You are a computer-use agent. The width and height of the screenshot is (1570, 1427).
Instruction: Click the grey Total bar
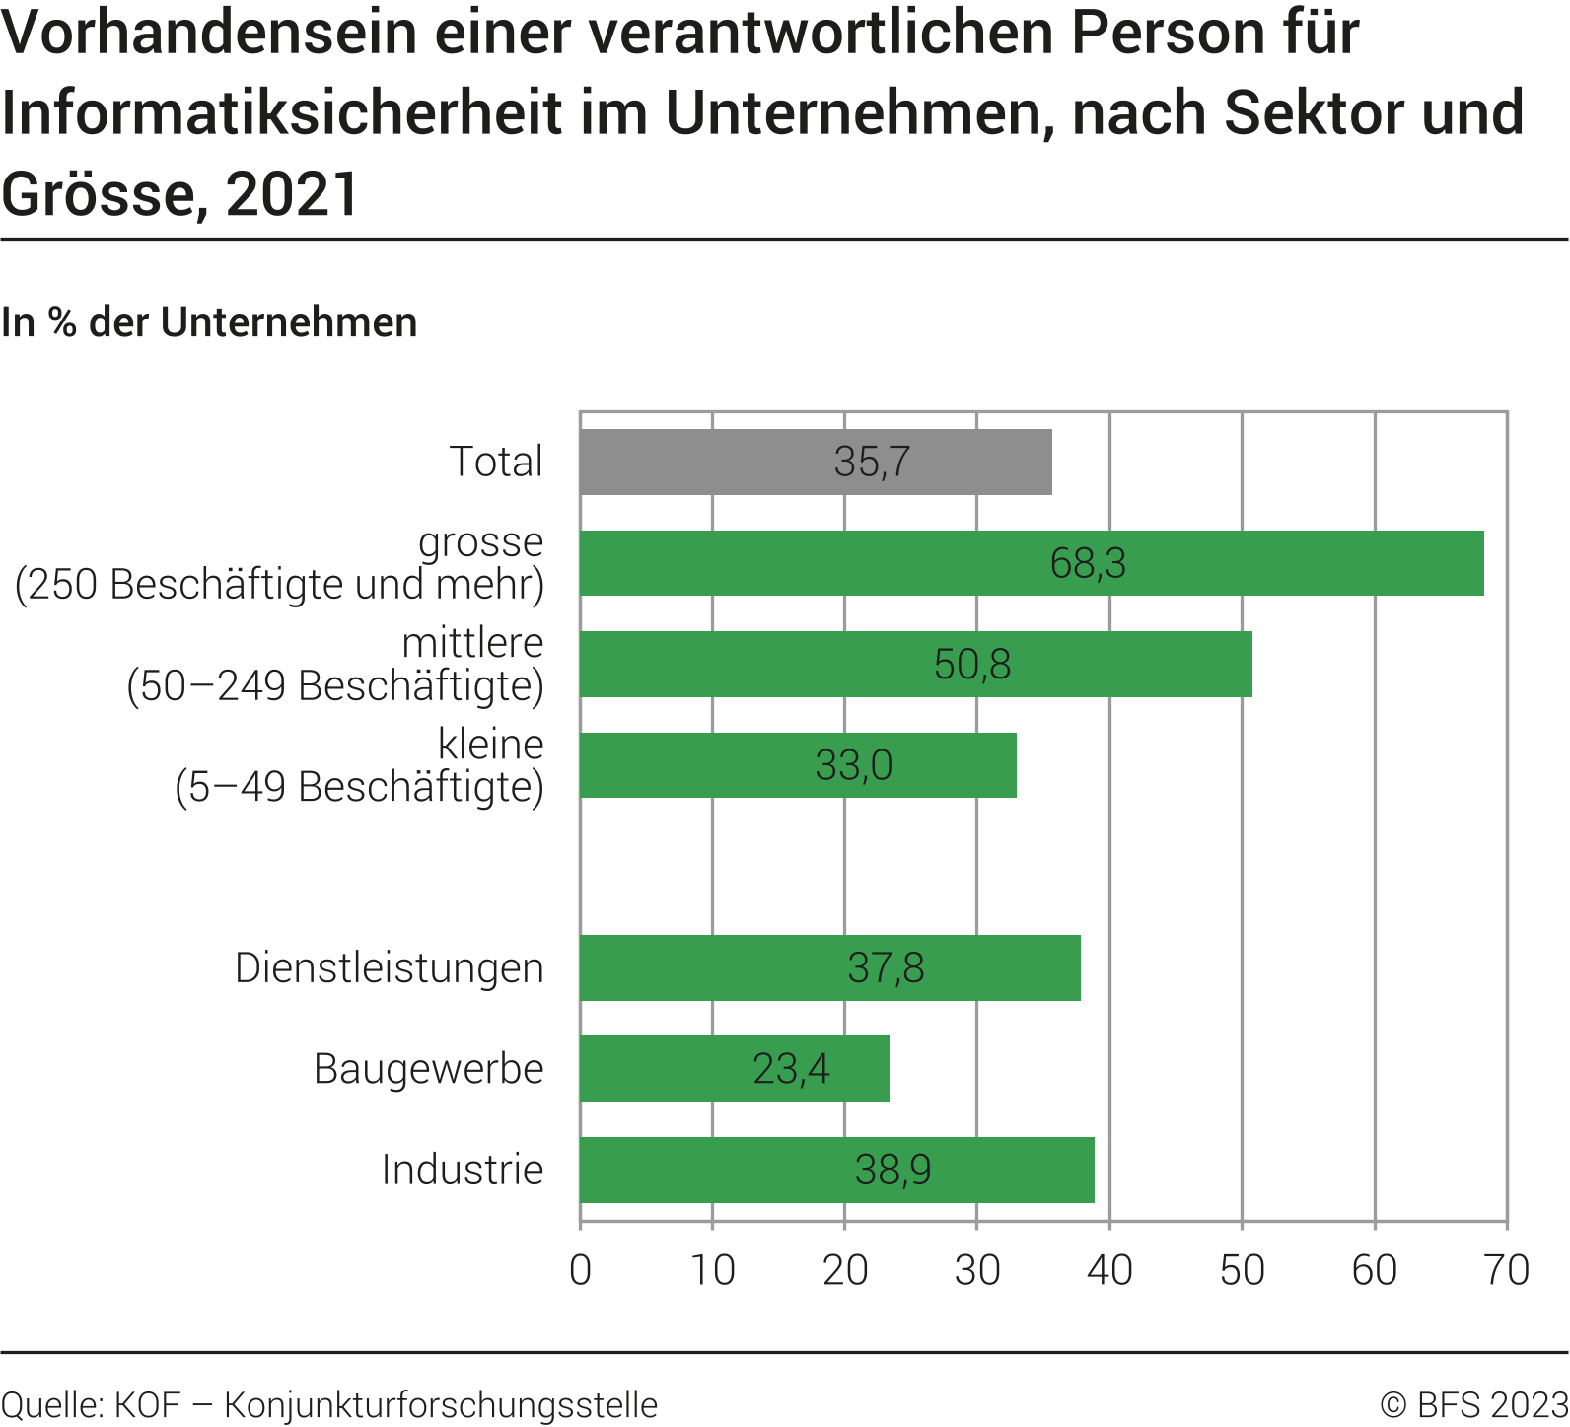(x=816, y=462)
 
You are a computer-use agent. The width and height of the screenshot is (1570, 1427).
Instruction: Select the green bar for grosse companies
(x=1032, y=563)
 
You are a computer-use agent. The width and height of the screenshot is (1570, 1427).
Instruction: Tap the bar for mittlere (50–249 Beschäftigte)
(x=916, y=664)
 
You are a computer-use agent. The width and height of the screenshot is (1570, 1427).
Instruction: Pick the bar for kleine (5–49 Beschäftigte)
(x=798, y=765)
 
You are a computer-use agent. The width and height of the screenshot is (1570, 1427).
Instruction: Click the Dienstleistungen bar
(x=830, y=967)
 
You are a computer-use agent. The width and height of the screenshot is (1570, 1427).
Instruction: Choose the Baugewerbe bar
(x=735, y=1068)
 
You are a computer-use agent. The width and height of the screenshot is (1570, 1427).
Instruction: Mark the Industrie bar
(x=837, y=1170)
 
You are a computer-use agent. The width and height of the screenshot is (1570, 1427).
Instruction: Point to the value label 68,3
(x=1088, y=563)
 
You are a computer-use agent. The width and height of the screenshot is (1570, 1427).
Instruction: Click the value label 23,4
(x=791, y=1069)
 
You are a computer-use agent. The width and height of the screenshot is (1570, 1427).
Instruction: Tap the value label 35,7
(x=872, y=462)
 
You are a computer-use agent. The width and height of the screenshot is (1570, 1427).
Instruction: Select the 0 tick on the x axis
(x=581, y=1270)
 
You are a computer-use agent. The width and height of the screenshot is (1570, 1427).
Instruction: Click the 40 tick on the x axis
(x=1109, y=1270)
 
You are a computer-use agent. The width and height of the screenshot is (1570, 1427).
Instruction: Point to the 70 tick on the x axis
(x=1506, y=1270)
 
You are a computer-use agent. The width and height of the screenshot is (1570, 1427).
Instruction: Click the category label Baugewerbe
(x=429, y=1069)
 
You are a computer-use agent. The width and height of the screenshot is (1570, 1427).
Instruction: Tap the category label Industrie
(x=463, y=1170)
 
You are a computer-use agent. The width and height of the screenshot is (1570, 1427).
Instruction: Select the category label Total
(x=496, y=462)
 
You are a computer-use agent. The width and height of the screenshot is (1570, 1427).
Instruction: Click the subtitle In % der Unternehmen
(x=209, y=322)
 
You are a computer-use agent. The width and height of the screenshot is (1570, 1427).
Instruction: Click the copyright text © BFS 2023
(x=1473, y=1404)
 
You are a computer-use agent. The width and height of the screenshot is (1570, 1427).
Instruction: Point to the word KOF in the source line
(x=147, y=1404)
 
